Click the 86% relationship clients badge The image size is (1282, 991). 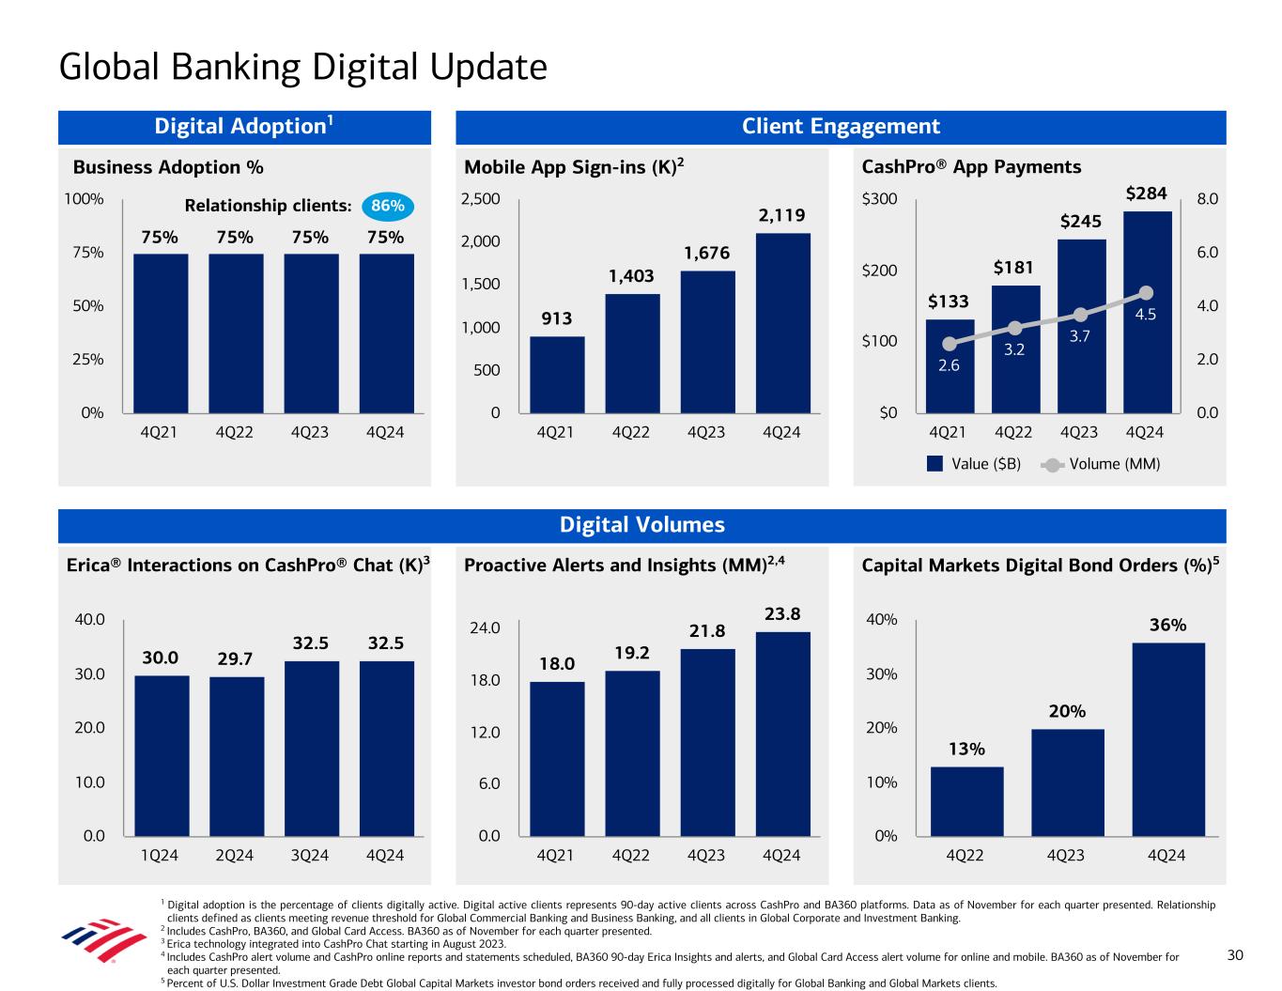(x=387, y=206)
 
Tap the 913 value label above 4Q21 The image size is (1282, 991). (x=557, y=319)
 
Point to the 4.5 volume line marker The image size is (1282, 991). (x=1146, y=293)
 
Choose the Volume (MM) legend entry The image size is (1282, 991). (x=1103, y=464)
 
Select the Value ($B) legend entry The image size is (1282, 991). (x=974, y=464)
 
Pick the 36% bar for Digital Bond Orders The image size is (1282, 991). (x=1168, y=739)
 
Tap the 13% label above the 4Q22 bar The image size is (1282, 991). (x=966, y=749)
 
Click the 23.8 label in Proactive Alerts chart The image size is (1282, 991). (x=782, y=614)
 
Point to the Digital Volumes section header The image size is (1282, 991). (x=641, y=525)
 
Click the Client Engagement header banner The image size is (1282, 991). (x=841, y=127)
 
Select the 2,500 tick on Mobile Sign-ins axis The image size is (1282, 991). (x=481, y=199)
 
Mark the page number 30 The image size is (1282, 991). (x=1235, y=955)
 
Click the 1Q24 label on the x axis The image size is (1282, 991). (x=159, y=856)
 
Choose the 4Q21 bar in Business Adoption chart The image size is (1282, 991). (x=161, y=333)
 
